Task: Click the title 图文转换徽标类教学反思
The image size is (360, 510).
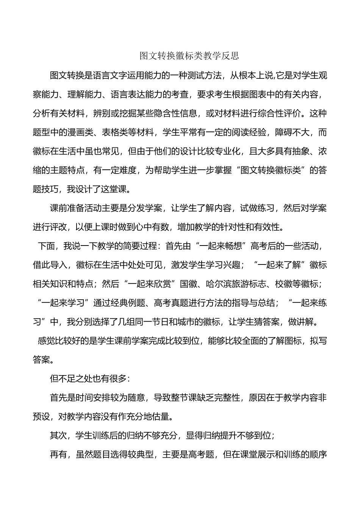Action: [x=189, y=56]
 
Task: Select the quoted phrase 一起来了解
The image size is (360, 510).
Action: [x=279, y=265]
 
